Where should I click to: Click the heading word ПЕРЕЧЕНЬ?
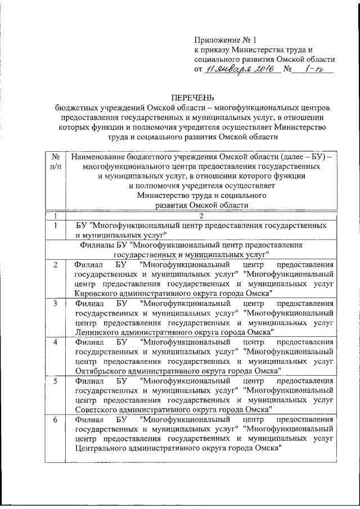pyautogui.click(x=193, y=98)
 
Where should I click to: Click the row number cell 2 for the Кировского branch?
pyautogui.click(x=55, y=264)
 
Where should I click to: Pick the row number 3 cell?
pyautogui.click(x=55, y=304)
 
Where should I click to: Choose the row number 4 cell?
pyautogui.click(x=55, y=343)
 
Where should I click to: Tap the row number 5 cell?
pyautogui.click(x=55, y=381)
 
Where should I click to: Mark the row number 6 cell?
pyautogui.click(x=55, y=420)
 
